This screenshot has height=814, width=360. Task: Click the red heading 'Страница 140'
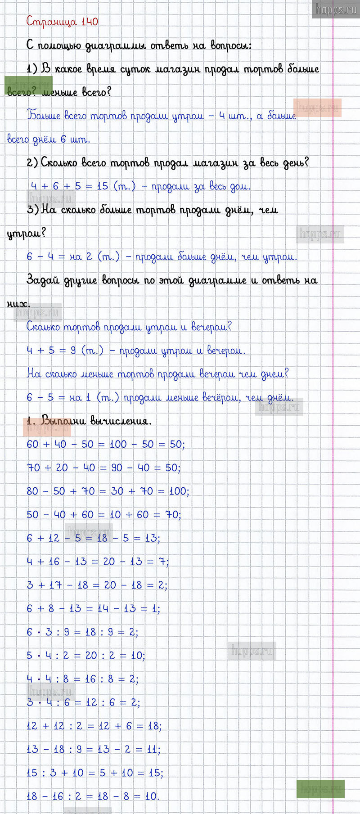pyautogui.click(x=62, y=22)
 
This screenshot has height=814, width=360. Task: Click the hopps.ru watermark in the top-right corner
pyautogui.click(x=336, y=9)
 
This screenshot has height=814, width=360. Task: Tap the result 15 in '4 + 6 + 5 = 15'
pyautogui.click(x=102, y=186)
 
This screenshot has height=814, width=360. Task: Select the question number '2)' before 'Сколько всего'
pyautogui.click(x=32, y=163)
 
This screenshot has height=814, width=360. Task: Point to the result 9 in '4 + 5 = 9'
pyautogui.click(x=73, y=351)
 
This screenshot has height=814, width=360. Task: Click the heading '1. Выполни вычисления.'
pyautogui.click(x=89, y=421)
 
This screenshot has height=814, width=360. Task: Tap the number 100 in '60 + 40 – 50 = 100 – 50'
pyautogui.click(x=118, y=445)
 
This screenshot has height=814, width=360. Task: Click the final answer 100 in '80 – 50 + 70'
pyautogui.click(x=178, y=491)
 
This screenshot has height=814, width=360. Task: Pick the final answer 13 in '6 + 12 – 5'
pyautogui.click(x=151, y=538)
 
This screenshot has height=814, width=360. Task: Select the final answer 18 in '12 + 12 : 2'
pyautogui.click(x=153, y=726)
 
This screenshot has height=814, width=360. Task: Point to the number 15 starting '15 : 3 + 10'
pyautogui.click(x=32, y=773)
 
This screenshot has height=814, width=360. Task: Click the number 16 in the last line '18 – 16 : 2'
pyautogui.click(x=58, y=796)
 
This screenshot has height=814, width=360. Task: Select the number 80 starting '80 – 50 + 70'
pyautogui.click(x=32, y=491)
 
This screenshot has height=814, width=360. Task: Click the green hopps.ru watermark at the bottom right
pyautogui.click(x=320, y=789)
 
